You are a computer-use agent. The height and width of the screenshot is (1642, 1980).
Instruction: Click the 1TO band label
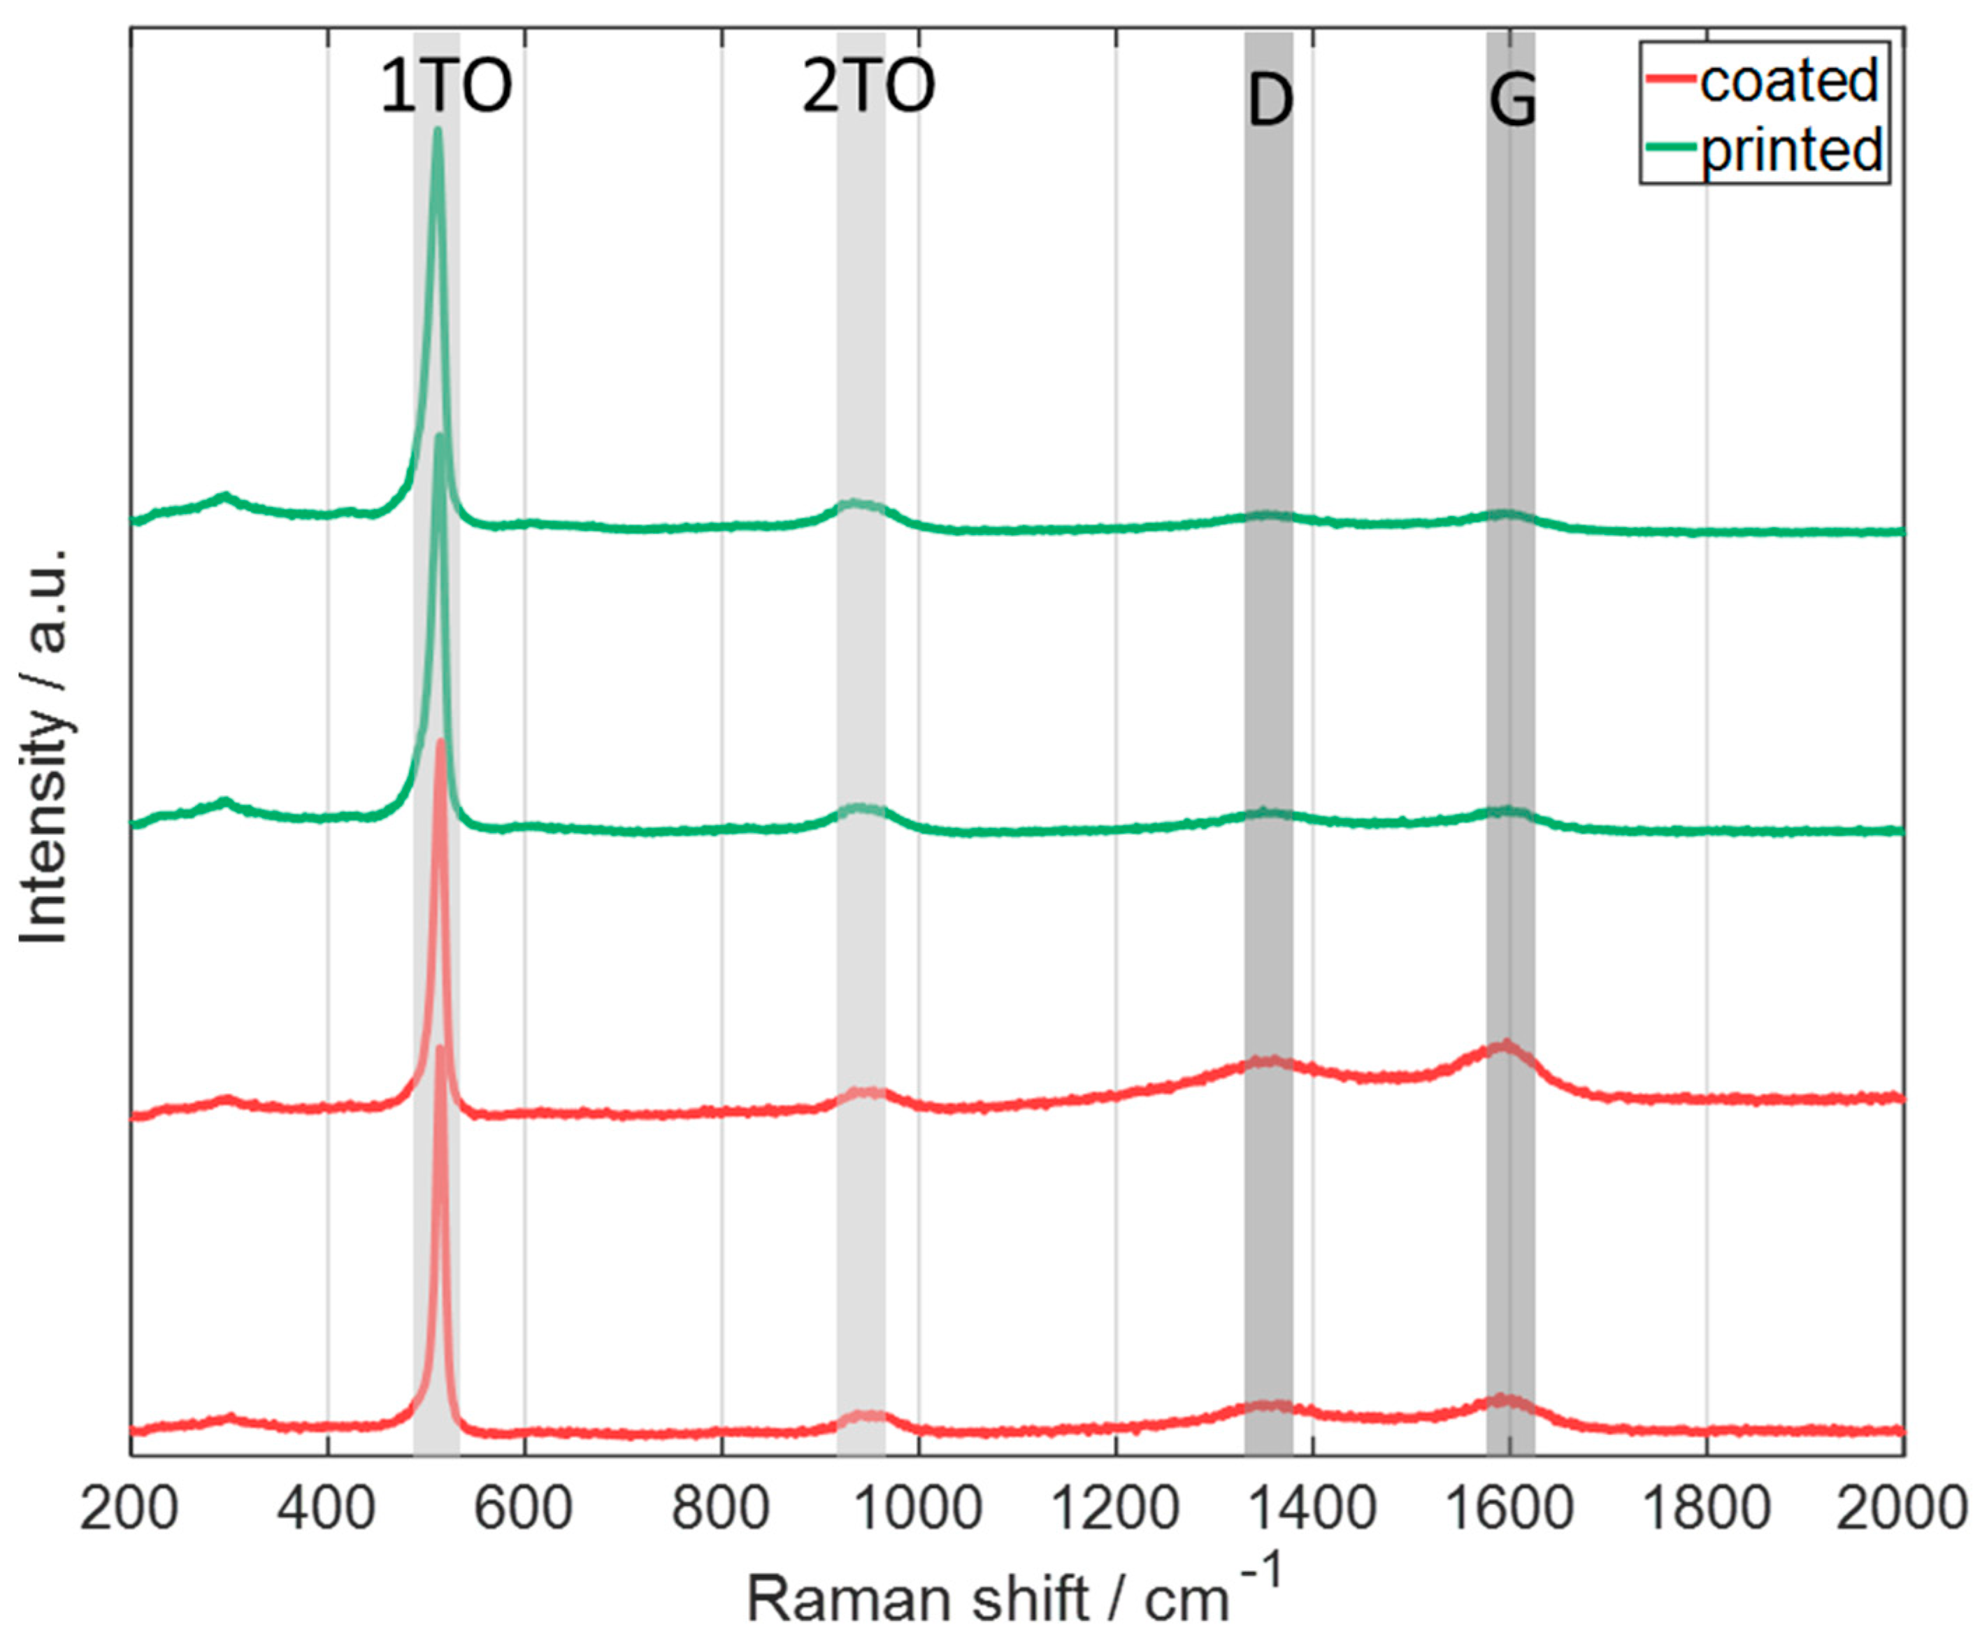click(445, 87)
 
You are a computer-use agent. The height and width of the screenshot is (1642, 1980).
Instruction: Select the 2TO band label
click(868, 87)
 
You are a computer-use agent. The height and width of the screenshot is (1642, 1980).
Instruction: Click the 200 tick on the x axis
click(129, 1510)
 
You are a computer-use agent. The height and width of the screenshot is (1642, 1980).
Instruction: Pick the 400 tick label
click(327, 1510)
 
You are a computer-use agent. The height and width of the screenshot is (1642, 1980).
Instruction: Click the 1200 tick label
click(1115, 1510)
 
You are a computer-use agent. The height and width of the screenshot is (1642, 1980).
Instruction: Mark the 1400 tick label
click(1312, 1510)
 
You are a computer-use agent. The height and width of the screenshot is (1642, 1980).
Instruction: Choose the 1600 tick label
click(1509, 1510)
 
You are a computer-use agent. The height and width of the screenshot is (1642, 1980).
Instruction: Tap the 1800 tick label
click(1707, 1510)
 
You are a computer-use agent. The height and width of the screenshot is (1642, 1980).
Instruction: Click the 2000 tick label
click(1904, 1510)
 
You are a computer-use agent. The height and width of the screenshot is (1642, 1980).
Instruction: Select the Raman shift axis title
click(1014, 1594)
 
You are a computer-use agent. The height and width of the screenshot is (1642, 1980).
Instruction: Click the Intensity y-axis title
click(45, 745)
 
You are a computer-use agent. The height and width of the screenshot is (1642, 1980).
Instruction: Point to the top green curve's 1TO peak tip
click(436, 129)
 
